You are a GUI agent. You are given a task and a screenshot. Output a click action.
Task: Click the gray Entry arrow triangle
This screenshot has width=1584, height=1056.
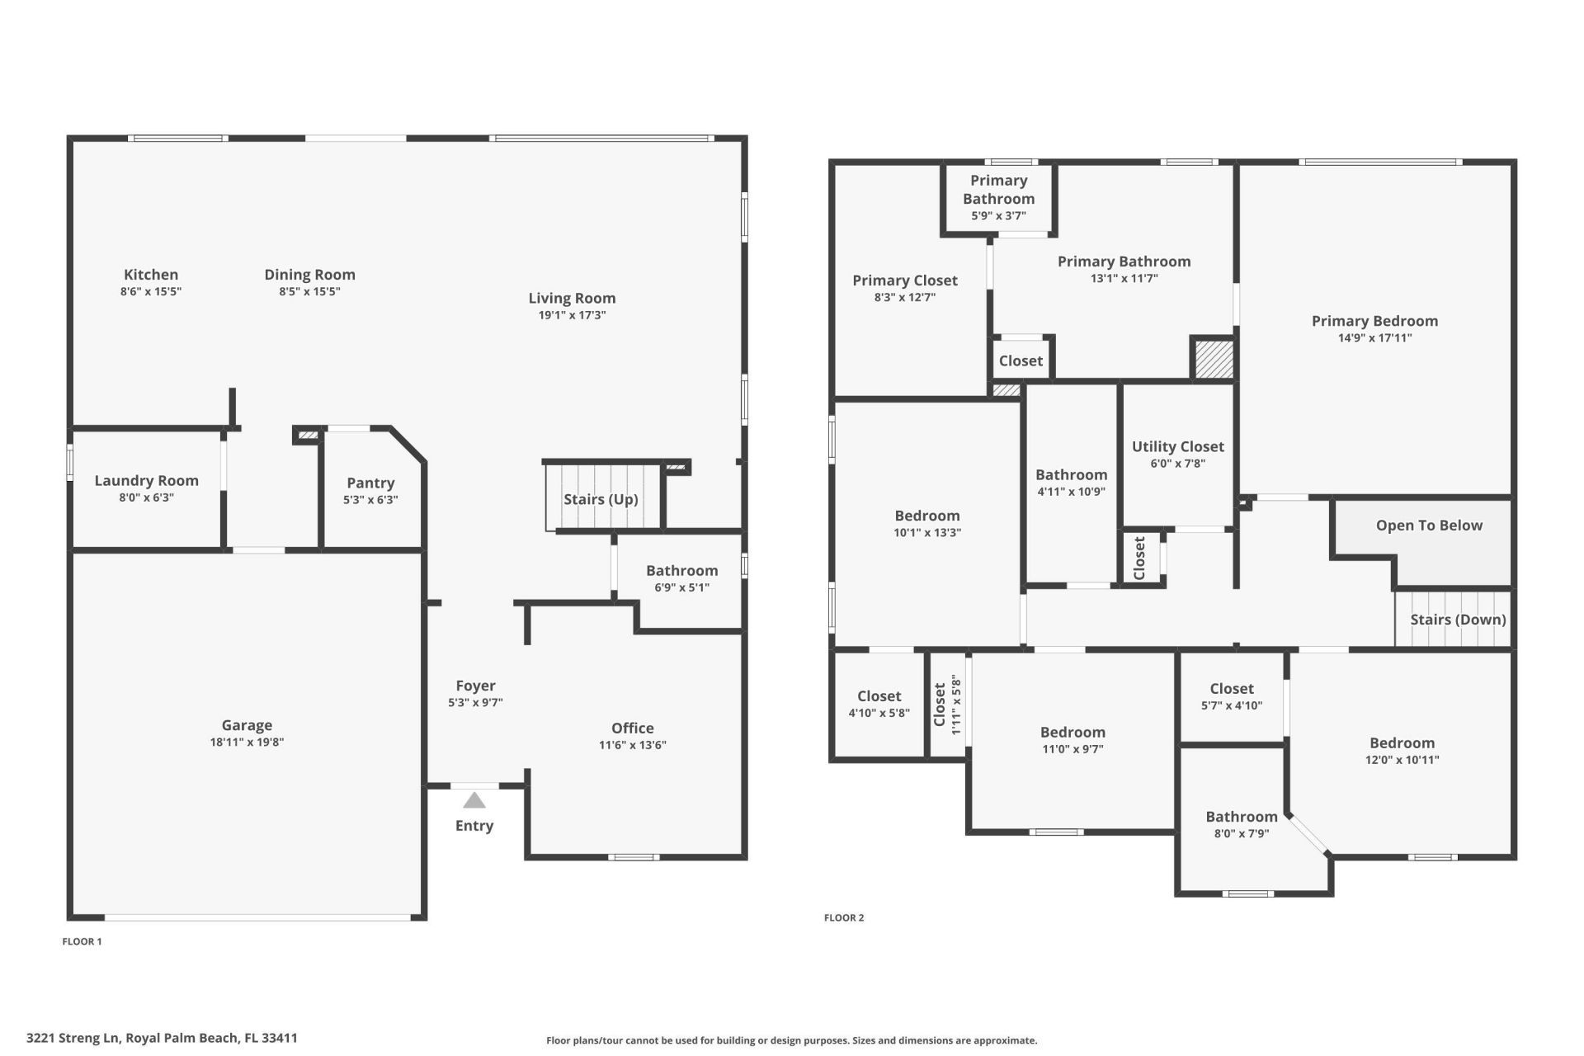tap(474, 800)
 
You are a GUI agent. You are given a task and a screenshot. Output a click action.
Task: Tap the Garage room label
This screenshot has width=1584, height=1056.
tap(247, 725)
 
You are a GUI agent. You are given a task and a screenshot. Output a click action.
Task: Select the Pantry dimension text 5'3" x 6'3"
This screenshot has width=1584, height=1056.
tap(370, 500)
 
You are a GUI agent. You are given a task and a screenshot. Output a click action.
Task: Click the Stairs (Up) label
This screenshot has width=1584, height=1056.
tap(601, 499)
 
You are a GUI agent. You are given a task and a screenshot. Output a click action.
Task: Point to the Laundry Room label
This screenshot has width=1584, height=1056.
tap(146, 480)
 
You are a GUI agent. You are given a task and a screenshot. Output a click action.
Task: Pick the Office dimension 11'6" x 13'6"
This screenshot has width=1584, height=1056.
tap(632, 745)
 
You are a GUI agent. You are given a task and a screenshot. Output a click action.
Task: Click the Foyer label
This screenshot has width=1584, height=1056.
tap(475, 686)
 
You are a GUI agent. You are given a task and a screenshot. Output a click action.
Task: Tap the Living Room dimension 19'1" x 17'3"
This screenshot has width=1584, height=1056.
tap(572, 315)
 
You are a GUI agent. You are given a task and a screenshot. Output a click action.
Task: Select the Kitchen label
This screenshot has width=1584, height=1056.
tap(151, 275)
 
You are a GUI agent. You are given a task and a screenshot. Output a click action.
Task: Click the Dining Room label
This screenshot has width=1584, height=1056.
tap(309, 275)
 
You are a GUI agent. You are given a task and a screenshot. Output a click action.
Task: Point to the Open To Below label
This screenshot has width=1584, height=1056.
tap(1429, 526)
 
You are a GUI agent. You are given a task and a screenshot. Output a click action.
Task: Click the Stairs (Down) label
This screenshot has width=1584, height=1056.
tap(1458, 620)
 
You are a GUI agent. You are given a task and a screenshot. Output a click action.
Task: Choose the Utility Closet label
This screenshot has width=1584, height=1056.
tap(1177, 446)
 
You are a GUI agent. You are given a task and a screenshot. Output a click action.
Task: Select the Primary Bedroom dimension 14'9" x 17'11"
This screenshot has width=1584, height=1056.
tap(1374, 338)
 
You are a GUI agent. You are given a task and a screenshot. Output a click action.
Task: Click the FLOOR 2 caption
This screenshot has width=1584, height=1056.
tap(844, 917)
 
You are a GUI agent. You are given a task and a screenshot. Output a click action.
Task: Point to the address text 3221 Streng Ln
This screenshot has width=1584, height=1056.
tap(162, 1038)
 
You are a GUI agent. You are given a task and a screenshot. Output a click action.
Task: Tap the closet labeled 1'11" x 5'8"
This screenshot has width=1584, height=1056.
tap(947, 705)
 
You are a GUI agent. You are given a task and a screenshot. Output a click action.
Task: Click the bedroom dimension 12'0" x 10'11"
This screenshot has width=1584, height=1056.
tap(1402, 760)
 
